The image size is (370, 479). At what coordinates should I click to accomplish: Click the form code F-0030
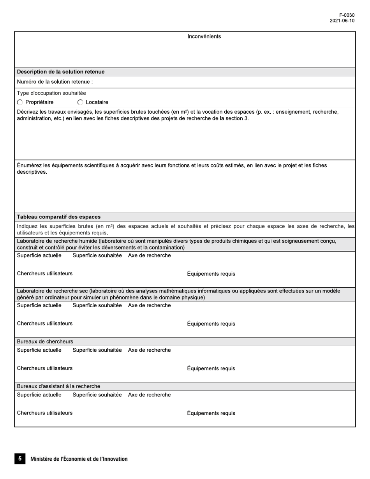pos(347,15)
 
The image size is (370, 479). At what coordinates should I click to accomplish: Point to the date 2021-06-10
pos(342,21)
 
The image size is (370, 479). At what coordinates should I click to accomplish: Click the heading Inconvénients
pos(204,37)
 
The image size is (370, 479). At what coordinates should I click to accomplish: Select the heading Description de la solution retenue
pos(61,72)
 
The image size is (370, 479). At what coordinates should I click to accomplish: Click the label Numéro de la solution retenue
pos(55,82)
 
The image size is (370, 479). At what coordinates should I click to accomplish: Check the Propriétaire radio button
pos(20,102)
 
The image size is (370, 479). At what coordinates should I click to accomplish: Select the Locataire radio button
pos(80,102)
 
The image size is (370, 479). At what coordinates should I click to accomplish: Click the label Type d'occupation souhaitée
pos(51,93)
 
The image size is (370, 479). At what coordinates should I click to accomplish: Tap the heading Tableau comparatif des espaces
pos(59,217)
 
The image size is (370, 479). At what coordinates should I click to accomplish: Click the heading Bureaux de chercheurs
pos(45,342)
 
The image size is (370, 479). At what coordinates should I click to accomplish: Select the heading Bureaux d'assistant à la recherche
pos(58,386)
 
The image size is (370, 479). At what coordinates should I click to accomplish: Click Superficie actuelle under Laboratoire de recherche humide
pos(39,255)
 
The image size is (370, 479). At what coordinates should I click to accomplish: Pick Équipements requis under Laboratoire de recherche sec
pos(211,324)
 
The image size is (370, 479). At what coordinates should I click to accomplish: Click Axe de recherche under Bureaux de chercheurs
pos(149,350)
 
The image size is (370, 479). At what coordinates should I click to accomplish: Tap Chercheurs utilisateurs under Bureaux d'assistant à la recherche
pos(45,413)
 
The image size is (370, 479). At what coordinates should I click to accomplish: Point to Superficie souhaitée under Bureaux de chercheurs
pos(97,350)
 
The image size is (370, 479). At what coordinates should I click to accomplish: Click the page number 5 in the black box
pos(20,458)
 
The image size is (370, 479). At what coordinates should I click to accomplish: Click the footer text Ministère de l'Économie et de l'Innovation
pos(79,459)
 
